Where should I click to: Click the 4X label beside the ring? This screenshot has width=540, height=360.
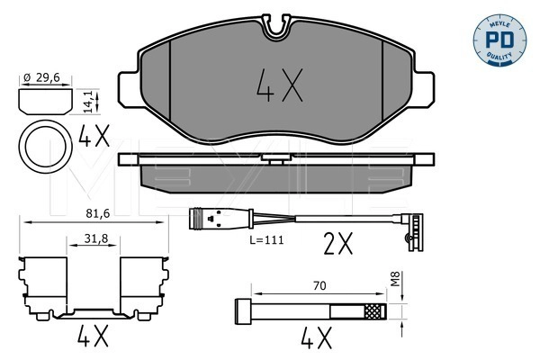[93, 138]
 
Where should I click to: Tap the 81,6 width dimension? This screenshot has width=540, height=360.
[93, 213]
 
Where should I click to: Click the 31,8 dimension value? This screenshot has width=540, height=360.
[93, 238]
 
